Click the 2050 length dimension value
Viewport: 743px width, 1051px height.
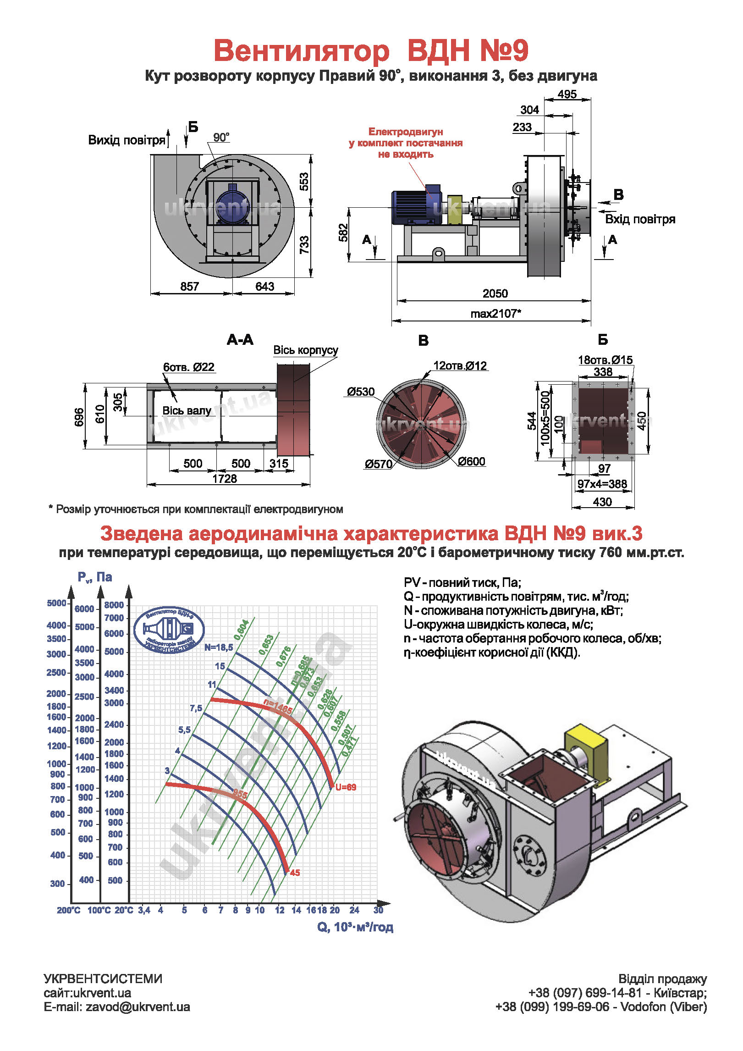[x=495, y=293]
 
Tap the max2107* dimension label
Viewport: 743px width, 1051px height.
[x=495, y=314]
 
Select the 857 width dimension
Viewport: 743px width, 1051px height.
[x=189, y=287]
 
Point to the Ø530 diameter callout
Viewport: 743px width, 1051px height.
[x=360, y=392]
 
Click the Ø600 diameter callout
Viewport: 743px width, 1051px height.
[x=471, y=461]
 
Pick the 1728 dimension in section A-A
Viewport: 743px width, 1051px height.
[x=225, y=478]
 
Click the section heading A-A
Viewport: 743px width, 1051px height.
[x=240, y=340]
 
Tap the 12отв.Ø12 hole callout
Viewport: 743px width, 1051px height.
[x=460, y=366]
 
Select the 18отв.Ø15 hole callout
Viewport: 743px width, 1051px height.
[x=605, y=360]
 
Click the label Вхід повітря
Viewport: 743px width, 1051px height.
[x=640, y=219]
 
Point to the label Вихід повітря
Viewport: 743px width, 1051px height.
[x=127, y=140]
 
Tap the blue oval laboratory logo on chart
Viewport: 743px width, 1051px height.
[x=169, y=629]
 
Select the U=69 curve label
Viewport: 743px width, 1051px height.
[x=346, y=787]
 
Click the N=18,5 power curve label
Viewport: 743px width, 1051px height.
[x=219, y=647]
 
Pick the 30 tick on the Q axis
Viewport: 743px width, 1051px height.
[x=378, y=910]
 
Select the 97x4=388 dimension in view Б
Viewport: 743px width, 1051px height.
[x=602, y=484]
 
